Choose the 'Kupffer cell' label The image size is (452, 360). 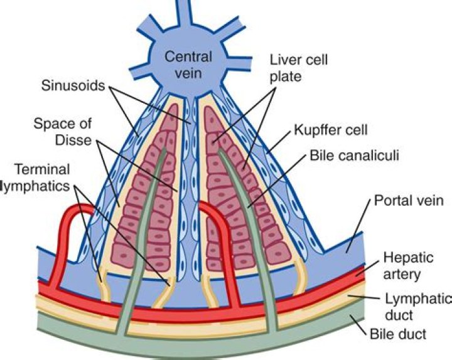click(329, 130)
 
